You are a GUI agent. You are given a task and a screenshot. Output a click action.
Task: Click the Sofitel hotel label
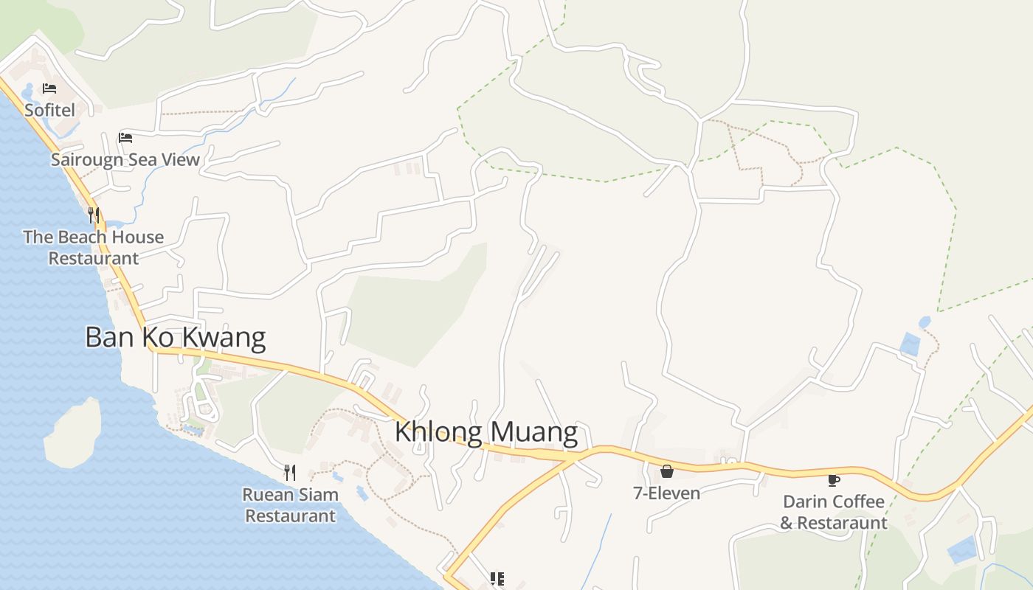click(x=49, y=110)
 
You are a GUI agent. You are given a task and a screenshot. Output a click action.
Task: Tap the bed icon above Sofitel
click(x=49, y=88)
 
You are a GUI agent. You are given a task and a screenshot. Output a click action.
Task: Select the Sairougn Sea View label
click(x=125, y=159)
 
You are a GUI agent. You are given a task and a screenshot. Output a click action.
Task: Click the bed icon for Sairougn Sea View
click(x=125, y=138)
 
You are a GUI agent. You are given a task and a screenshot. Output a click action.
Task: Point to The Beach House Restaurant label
click(x=93, y=247)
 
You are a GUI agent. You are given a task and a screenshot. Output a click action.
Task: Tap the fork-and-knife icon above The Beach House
click(x=94, y=215)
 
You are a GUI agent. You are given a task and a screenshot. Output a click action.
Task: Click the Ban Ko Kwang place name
click(x=175, y=337)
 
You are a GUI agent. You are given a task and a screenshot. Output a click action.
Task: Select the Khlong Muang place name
click(x=486, y=431)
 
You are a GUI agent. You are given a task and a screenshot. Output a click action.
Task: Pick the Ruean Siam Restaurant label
click(x=290, y=504)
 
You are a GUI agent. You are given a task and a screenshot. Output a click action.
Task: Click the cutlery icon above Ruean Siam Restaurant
click(x=290, y=473)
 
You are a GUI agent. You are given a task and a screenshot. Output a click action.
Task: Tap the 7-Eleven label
click(x=666, y=493)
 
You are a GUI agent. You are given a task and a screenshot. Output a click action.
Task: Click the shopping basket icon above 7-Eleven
click(x=667, y=471)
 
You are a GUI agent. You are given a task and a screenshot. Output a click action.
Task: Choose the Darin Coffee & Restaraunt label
click(x=834, y=512)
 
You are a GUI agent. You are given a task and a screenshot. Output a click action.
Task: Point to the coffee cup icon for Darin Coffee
click(x=834, y=480)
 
